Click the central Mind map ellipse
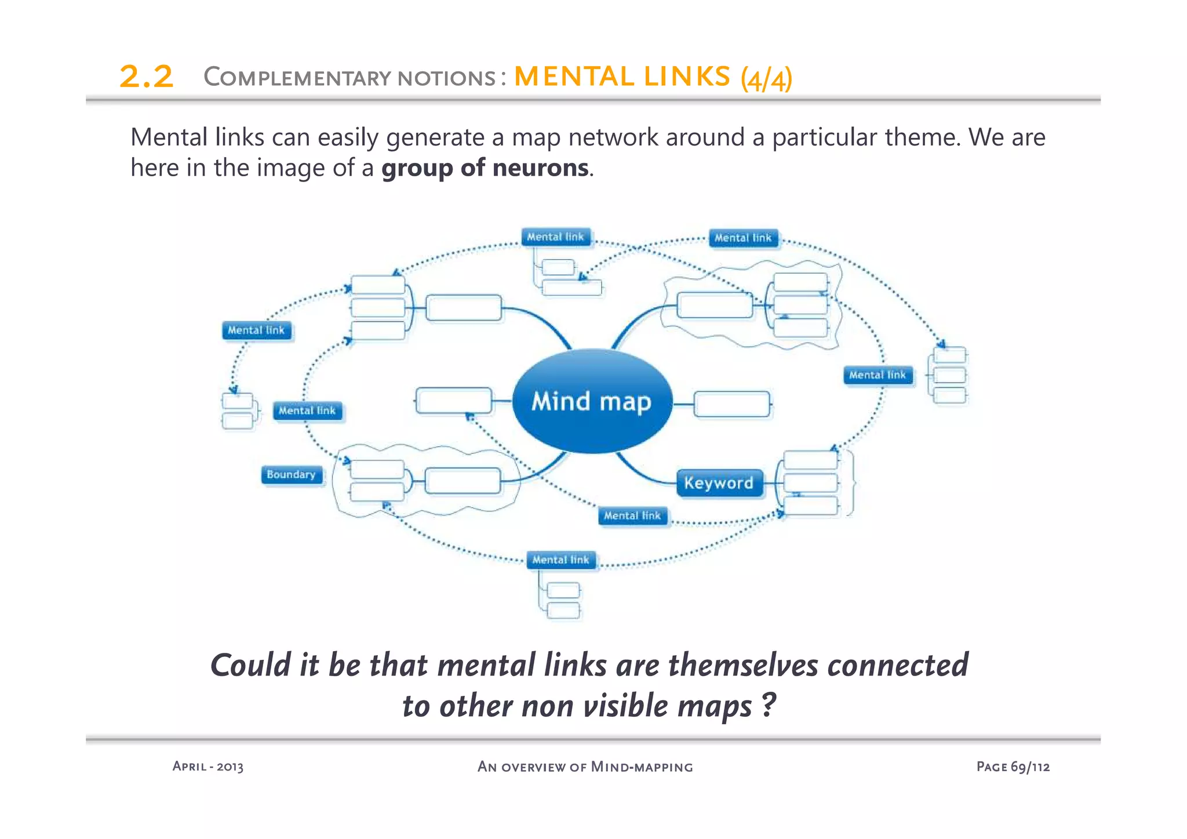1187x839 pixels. tap(592, 401)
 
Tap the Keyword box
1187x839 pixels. tap(719, 483)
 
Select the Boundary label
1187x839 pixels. tap(291, 475)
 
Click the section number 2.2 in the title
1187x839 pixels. tap(146, 77)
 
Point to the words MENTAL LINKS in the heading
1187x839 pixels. tap(622, 77)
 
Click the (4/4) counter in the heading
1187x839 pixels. tap(766, 78)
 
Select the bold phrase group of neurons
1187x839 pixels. tap(485, 168)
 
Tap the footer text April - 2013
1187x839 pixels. tap(208, 767)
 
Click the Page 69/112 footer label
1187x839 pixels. tap(1013, 767)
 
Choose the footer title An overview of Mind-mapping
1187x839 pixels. tap(585, 767)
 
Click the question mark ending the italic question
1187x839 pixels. tap(768, 705)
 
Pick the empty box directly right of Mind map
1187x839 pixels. tap(731, 404)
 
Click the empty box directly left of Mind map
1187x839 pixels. tap(454, 401)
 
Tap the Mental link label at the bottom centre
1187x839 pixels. tap(560, 560)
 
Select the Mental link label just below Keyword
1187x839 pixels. tap(632, 515)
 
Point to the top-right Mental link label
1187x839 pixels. tap(743, 238)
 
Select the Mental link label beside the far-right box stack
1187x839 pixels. tap(877, 375)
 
